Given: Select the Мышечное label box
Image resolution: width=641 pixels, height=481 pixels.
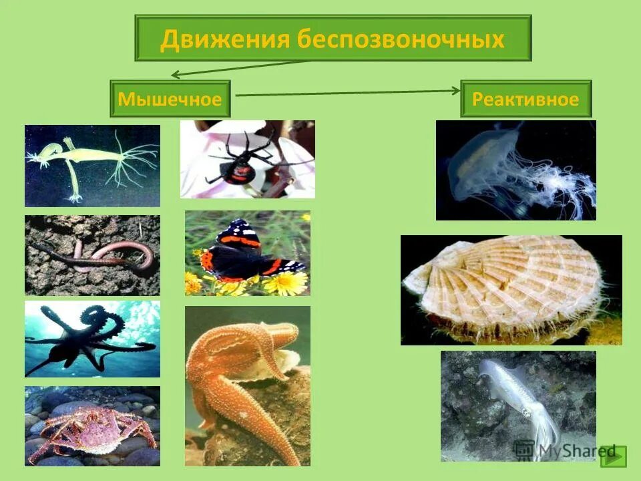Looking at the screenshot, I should click(170, 100).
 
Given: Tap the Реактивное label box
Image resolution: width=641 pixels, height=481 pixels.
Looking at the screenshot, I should click(525, 100).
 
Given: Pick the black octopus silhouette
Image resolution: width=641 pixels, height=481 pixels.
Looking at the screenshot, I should click(90, 337).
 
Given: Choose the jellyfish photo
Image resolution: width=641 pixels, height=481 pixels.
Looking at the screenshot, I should click(514, 170).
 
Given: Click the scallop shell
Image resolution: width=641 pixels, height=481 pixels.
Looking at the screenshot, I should click(511, 287).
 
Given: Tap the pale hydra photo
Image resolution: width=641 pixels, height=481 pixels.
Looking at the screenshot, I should click(92, 164).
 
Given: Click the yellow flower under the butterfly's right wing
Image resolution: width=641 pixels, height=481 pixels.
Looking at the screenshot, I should click(286, 283).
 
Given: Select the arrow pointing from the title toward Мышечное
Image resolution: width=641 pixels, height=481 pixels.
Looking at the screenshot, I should click(240, 67).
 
